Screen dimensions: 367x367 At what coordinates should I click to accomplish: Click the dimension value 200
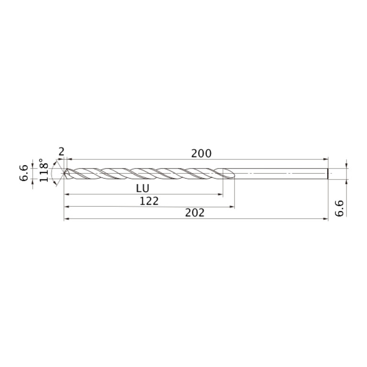[x=201, y=154]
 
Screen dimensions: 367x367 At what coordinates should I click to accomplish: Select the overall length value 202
[x=195, y=213]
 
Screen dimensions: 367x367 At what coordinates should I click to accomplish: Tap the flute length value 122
[x=149, y=201]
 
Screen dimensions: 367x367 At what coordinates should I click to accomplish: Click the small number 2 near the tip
[x=61, y=152]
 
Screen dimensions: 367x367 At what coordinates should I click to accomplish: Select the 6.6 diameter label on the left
[x=24, y=173]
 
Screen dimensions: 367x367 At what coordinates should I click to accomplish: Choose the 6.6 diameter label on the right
[x=339, y=209]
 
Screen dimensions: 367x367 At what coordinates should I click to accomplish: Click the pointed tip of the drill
[x=65, y=173]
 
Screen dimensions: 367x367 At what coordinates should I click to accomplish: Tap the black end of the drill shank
[x=328, y=173]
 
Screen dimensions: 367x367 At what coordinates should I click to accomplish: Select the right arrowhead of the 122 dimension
[x=233, y=207]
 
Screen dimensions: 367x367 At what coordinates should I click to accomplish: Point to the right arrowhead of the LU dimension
[x=221, y=194]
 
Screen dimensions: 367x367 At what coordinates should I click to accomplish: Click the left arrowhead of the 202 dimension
[x=66, y=219]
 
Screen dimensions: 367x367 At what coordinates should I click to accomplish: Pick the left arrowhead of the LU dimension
[x=67, y=194]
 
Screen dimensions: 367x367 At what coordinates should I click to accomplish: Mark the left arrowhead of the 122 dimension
[x=67, y=207]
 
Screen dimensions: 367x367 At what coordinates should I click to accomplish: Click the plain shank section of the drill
[x=282, y=173]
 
